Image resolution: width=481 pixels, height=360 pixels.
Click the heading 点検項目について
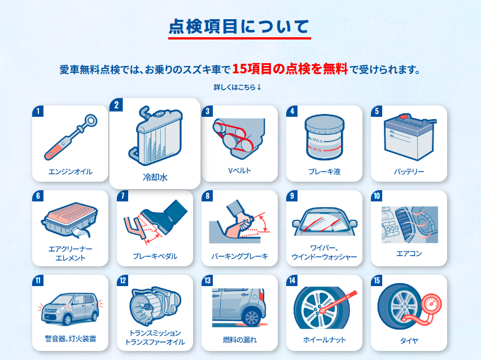pyautogui.click(x=239, y=27)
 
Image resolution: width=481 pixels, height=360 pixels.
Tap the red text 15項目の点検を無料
pyautogui.click(x=290, y=69)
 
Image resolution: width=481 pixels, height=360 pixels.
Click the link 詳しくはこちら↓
pyautogui.click(x=238, y=87)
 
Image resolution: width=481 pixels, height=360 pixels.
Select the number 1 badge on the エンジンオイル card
pyautogui.click(x=38, y=111)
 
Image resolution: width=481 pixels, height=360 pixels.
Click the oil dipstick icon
pyautogui.click(x=71, y=137)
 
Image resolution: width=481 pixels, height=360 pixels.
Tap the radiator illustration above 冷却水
pyautogui.click(x=155, y=135)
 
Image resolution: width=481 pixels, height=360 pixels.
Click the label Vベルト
pyautogui.click(x=239, y=170)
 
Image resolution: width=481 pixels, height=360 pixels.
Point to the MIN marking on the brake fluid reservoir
pyautogui.click(x=317, y=150)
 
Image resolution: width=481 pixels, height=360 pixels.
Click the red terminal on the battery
pyautogui.click(x=403, y=117)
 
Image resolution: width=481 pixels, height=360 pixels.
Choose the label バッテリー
pyautogui.click(x=409, y=172)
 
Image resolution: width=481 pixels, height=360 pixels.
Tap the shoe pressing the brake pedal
pyautogui.click(x=164, y=217)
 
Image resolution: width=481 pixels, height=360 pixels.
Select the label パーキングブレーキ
pyautogui.click(x=239, y=256)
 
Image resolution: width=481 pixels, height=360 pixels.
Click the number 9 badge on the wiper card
pyautogui.click(x=292, y=196)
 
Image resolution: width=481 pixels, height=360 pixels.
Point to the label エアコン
pyautogui.click(x=409, y=253)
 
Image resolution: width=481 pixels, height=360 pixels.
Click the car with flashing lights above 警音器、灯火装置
pyautogui.click(x=70, y=309)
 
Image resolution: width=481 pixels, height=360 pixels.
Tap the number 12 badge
pyautogui.click(x=123, y=280)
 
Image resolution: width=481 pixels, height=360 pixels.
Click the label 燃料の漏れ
pyautogui.click(x=239, y=340)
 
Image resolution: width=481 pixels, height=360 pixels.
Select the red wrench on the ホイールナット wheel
pyautogui.click(x=338, y=302)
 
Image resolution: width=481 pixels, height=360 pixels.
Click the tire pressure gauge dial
pyautogui.click(x=431, y=304)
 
